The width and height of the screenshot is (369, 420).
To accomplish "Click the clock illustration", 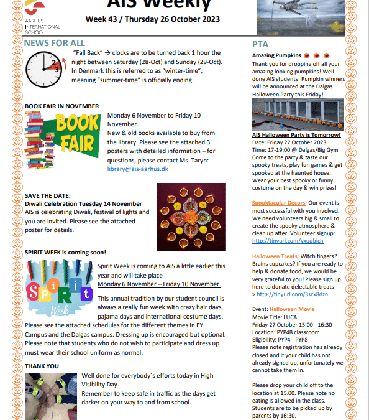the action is (44, 69).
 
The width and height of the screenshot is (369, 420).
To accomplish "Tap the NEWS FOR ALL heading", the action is (55, 43).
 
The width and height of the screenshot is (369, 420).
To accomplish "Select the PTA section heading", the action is (260, 45).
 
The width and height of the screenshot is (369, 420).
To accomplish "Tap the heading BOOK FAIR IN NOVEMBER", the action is (61, 106).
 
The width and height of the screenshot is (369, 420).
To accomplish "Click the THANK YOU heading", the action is (42, 366).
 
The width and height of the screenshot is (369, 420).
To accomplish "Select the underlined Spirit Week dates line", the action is (159, 284).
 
